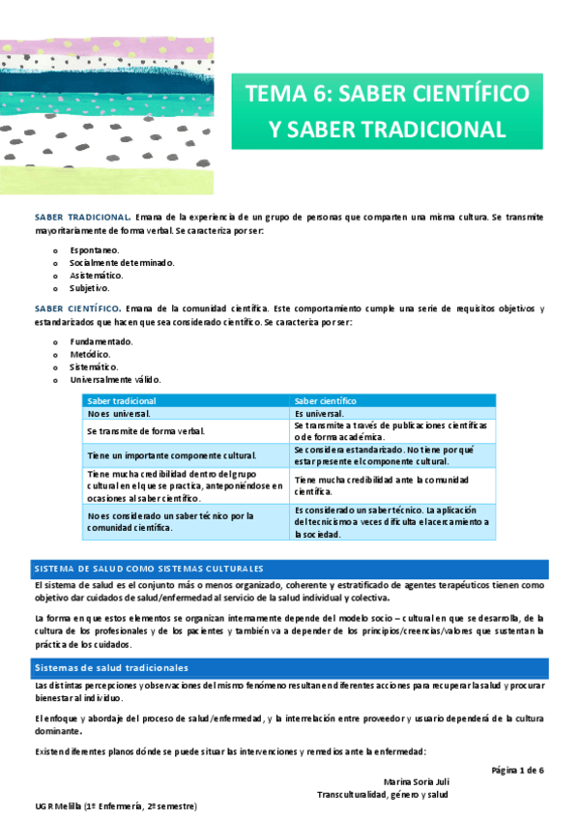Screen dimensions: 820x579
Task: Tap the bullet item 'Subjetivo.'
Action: tap(90, 287)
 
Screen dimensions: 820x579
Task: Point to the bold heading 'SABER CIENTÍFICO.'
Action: tap(78, 309)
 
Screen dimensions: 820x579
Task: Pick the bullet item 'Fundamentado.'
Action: tap(101, 341)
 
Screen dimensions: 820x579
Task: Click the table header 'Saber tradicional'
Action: tap(122, 400)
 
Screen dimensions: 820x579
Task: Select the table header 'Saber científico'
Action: tap(326, 400)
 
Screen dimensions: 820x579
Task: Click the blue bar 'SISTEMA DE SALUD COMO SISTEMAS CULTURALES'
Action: tap(149, 569)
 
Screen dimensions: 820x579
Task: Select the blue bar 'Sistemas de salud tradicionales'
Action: tap(111, 668)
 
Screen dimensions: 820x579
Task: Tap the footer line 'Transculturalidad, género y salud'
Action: tap(384, 795)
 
